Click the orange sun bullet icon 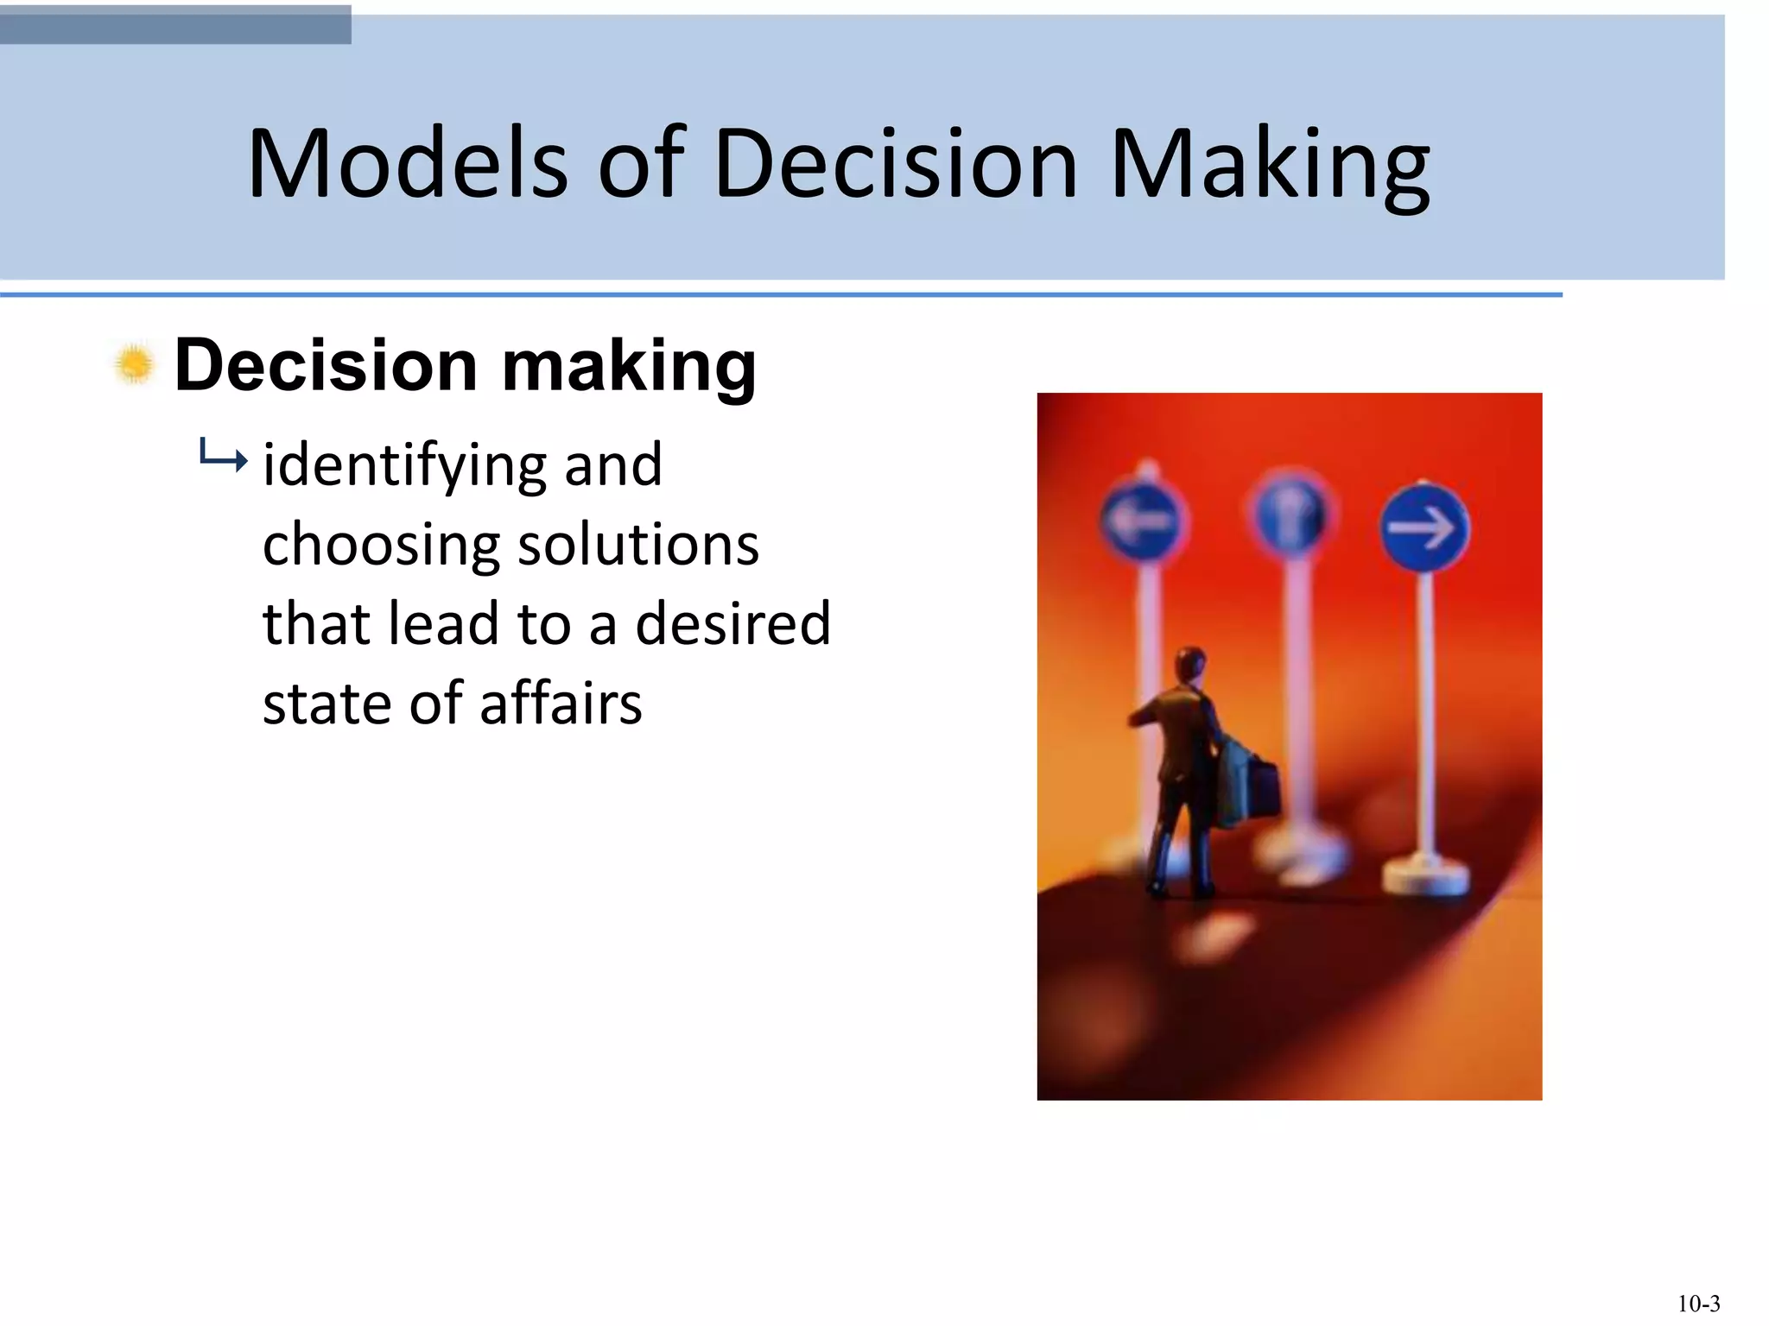point(135,364)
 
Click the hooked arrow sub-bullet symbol point(223,455)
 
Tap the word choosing point(381,546)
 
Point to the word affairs point(561,703)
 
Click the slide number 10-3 point(1698,1303)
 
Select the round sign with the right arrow point(1423,527)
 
